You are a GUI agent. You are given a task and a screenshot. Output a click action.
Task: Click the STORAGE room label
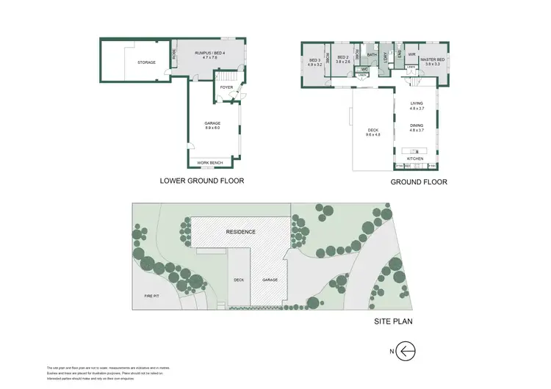tap(146, 63)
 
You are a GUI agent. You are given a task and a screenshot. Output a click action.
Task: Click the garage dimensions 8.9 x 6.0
tap(212, 128)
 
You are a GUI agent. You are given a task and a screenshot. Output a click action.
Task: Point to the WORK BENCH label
tap(210, 162)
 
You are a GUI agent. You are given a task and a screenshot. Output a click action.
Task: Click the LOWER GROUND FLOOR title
tap(202, 180)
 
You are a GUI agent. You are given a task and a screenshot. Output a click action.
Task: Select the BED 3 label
tap(316, 59)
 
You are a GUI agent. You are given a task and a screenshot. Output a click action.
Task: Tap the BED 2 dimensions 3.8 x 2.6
tap(343, 63)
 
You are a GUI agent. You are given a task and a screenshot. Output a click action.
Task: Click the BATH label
tap(372, 55)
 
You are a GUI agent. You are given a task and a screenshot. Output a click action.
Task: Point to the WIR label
tap(412, 54)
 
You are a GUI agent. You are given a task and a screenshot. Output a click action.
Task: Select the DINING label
tap(417, 126)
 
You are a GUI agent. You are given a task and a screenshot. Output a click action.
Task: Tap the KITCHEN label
tap(416, 159)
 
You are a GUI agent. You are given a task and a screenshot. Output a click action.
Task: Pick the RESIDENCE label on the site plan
tap(240, 232)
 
